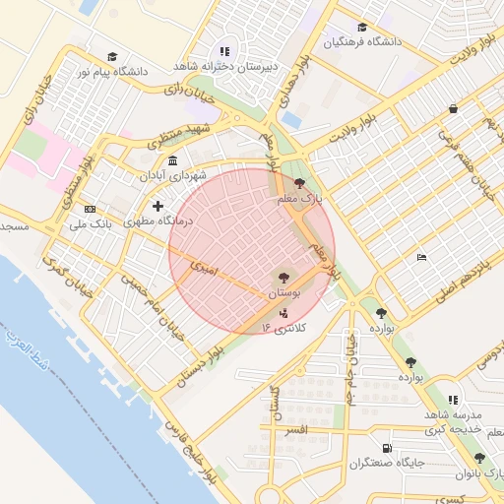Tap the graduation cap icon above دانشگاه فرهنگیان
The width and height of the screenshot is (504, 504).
[x=361, y=27]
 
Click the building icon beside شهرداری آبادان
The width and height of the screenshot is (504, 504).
[x=173, y=160]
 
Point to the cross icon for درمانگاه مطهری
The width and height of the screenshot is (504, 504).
[x=157, y=205]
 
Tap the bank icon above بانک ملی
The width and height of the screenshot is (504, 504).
[x=90, y=209]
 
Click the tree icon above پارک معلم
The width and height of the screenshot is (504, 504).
[x=299, y=183]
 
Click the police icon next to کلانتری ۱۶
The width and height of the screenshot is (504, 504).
[x=284, y=313]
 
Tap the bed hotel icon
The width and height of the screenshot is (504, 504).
[x=422, y=258]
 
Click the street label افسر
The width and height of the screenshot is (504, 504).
[x=294, y=430]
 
